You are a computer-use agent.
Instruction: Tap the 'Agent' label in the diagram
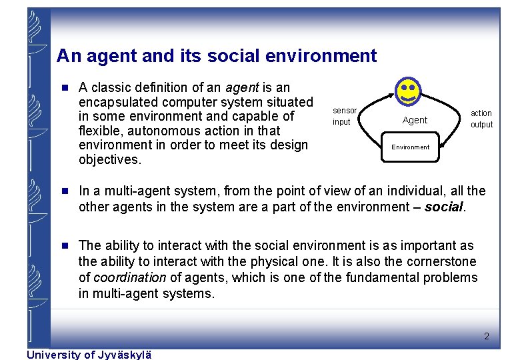[x=415, y=120]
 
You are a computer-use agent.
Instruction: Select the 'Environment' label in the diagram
[x=411, y=147]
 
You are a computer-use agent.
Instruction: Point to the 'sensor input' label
[x=344, y=116]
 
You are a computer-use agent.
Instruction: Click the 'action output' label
[x=481, y=119]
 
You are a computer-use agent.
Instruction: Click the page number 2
[x=487, y=336]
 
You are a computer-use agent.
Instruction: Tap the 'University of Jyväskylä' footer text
[x=89, y=355]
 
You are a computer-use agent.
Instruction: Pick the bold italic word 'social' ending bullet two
[x=443, y=207]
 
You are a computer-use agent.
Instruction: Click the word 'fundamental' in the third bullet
[x=375, y=277]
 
